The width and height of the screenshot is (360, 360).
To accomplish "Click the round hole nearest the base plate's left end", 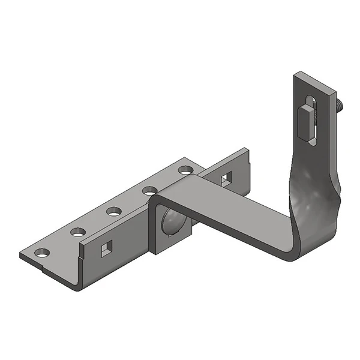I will [x=40, y=253].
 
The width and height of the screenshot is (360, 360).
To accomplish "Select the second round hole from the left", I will [x=77, y=232].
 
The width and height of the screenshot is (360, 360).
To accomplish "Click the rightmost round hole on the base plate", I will [x=185, y=170].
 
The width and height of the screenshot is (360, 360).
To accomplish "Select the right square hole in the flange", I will [x=226, y=178].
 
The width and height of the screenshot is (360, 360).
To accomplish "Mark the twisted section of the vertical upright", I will [x=312, y=180].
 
